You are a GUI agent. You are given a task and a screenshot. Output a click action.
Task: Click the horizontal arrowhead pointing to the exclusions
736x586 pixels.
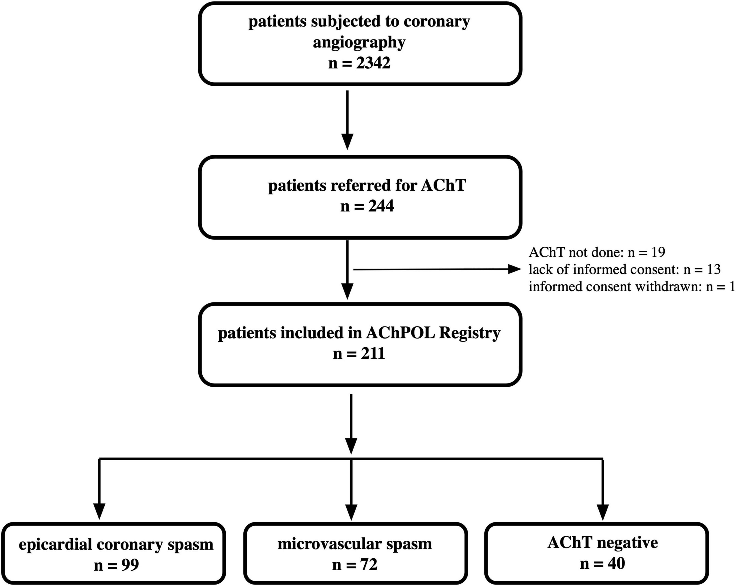coord(515,269)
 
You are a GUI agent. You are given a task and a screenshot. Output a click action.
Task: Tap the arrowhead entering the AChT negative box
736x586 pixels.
coord(603,512)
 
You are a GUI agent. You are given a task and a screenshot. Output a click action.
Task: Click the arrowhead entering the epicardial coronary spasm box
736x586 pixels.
coord(99,512)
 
